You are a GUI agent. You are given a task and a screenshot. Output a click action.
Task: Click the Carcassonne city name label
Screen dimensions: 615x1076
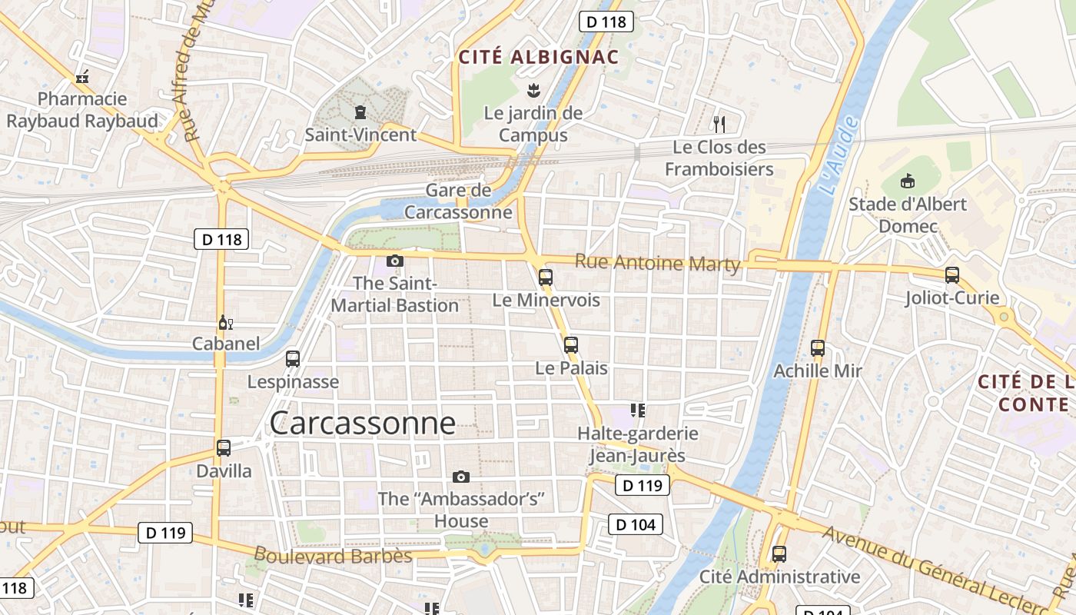[362, 423]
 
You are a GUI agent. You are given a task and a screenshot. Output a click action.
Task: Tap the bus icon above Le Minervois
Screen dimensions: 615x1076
[546, 278]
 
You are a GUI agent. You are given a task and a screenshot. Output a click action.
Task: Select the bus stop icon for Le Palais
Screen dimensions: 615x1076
[570, 345]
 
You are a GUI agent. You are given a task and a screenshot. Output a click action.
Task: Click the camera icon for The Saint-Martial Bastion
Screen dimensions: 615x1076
[395, 261]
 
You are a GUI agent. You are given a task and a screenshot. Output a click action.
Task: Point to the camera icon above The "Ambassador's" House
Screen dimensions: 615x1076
[461, 477]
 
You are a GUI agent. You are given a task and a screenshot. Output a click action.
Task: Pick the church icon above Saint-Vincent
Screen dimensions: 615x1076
[360, 113]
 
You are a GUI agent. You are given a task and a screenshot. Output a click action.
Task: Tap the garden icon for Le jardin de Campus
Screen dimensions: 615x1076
[532, 91]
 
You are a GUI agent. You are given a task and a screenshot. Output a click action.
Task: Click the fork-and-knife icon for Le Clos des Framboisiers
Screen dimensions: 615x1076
[719, 124]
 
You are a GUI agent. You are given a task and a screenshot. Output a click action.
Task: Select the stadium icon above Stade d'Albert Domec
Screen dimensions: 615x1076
[908, 181]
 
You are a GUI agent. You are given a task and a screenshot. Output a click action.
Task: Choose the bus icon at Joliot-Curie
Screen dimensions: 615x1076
[951, 275]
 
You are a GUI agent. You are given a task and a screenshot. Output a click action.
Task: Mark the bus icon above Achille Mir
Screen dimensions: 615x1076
[818, 348]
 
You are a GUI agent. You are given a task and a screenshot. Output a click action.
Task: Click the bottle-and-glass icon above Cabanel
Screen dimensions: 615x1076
[225, 322]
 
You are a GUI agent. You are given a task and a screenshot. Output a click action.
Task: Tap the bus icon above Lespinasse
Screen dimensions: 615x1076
[293, 359]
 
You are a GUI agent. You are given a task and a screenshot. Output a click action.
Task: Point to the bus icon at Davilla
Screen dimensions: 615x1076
[224, 448]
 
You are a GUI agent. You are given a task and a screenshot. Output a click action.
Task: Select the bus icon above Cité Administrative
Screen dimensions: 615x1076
[779, 554]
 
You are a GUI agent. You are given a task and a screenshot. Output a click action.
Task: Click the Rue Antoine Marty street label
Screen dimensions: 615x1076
[657, 263]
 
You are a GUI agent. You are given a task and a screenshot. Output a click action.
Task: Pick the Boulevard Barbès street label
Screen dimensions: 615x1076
[333, 555]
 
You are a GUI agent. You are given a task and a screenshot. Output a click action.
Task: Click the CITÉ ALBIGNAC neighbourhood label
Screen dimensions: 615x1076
[538, 57]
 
